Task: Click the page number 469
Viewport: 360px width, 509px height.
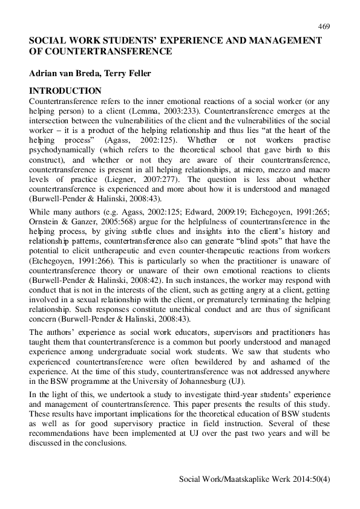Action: click(323, 27)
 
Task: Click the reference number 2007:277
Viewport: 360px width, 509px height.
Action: click(149, 180)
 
